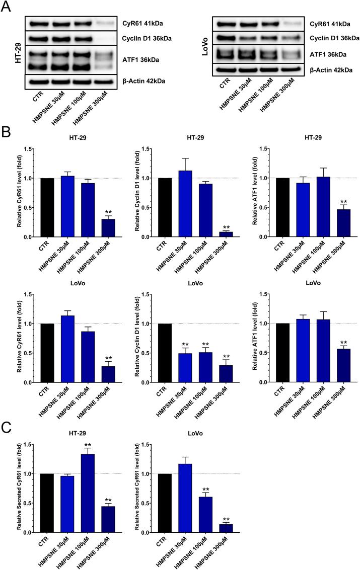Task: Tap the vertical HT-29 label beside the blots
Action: click(x=11, y=52)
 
